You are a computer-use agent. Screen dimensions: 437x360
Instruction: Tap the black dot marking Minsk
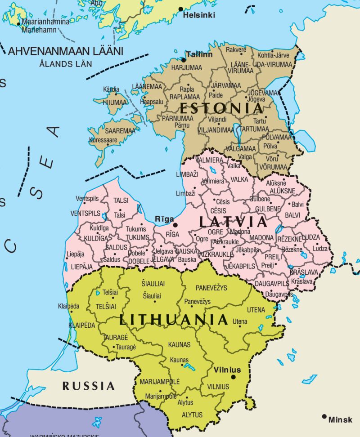coord(324,417)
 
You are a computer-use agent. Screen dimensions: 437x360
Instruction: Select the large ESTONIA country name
coord(221,108)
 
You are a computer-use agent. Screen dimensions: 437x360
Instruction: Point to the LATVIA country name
coord(233,222)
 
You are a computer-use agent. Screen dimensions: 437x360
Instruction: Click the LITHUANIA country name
coord(174,320)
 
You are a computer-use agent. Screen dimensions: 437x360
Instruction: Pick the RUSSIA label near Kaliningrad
coord(88,386)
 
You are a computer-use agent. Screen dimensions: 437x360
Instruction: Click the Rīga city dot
coord(175,225)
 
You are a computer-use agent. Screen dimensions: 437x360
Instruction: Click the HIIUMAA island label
coord(115,103)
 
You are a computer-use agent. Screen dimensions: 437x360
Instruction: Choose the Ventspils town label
coord(87,198)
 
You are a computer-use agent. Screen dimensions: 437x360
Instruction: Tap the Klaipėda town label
coord(69,306)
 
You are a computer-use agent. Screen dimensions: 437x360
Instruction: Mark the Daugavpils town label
coord(279,294)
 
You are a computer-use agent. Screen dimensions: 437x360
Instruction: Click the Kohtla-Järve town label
coord(273,55)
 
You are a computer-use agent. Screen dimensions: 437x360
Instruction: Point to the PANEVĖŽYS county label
coord(211,287)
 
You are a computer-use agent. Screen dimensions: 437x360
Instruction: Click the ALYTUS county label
coord(192,415)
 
